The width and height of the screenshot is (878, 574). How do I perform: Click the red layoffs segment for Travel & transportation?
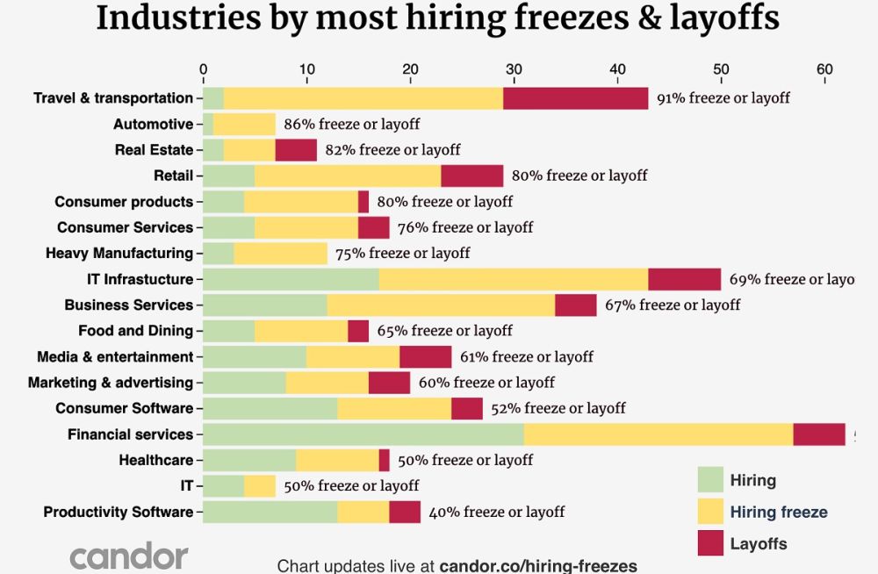576,98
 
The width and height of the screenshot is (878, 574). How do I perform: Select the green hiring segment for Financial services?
363,434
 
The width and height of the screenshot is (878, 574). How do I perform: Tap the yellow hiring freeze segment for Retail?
348,176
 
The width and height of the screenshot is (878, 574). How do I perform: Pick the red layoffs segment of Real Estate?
296,150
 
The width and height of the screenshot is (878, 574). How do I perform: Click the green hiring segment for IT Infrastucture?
291,279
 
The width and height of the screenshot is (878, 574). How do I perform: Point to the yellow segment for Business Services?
441,305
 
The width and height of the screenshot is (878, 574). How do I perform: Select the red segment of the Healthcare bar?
385,460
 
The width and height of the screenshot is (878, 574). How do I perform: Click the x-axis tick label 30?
514,69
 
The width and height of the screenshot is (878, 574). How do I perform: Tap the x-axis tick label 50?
721,69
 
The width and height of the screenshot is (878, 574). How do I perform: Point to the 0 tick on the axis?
203,69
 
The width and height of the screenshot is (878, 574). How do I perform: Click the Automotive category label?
153,125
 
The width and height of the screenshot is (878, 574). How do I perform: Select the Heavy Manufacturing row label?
119,254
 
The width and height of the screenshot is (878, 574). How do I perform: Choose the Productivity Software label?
118,512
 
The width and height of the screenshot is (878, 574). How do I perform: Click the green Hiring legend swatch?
709,480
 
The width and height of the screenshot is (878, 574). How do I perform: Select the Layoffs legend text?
759,544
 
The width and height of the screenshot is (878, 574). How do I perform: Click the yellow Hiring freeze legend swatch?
709,512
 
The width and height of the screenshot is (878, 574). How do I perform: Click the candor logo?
129,556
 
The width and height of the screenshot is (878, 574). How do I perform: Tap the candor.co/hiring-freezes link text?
537,565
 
